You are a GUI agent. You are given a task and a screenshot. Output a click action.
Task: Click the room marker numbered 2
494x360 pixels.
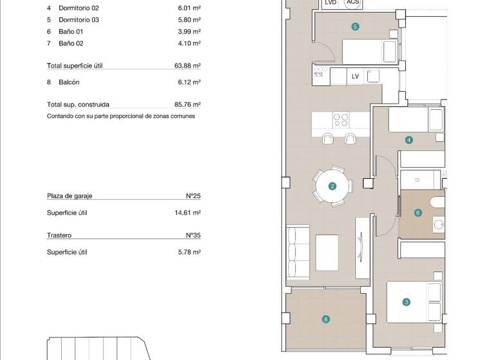pos(333,186)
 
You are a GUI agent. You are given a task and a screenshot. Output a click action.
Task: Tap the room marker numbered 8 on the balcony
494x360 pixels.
pos(326,319)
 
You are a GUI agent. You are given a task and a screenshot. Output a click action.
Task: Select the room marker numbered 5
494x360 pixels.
pos(355,26)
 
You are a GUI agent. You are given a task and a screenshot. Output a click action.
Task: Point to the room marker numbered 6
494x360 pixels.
pos(418,213)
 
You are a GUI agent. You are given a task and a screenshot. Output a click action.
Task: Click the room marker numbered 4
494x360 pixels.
pos(409,139)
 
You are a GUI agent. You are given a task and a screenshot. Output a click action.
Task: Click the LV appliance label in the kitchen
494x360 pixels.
pos(355,76)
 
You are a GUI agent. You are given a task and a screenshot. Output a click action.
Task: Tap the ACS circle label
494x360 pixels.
pos(352,3)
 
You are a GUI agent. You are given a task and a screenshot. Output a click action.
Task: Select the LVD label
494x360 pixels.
pos(331,3)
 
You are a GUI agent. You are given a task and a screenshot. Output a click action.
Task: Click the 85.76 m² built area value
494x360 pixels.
pos(188,104)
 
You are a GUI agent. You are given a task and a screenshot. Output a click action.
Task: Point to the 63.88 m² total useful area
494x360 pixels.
pos(188,66)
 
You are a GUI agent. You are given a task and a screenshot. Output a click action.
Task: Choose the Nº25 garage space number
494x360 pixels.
pos(193,196)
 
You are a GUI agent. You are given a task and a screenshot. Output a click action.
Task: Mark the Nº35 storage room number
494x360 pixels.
pos(193,235)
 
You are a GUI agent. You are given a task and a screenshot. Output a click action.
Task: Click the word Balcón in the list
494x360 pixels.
pos(69,82)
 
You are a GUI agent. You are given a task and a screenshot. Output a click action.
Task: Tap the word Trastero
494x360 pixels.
pos(59,235)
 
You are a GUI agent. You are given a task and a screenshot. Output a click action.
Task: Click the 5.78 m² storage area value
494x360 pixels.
pos(189,252)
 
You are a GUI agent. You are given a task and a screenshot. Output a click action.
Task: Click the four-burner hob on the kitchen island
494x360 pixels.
pos(340,120)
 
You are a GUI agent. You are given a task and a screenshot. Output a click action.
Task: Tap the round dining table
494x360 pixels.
pos(333,185)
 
